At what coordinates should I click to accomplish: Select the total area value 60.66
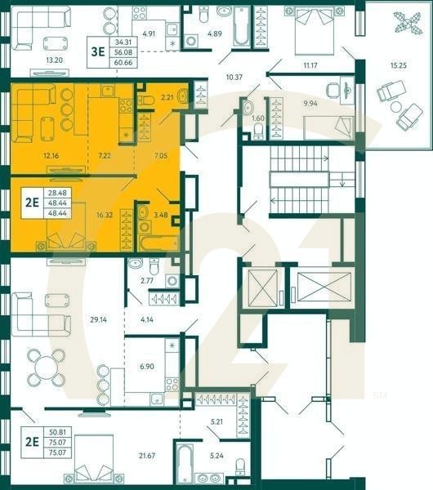[124, 60]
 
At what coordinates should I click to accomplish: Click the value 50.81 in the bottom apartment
[58, 433]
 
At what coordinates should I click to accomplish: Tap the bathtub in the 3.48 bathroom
[158, 242]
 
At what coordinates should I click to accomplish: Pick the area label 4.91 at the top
[148, 34]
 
